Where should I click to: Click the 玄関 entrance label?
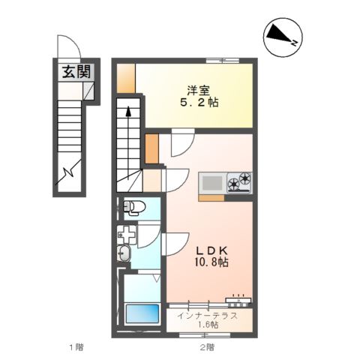point(76,72)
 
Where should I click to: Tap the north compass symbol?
point(283,37)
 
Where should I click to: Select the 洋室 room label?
point(199,91)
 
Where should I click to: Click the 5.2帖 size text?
point(199,103)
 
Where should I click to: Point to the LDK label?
point(211,250)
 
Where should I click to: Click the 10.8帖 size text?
point(211,262)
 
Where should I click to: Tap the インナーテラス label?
point(207,316)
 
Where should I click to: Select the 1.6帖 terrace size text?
point(208,325)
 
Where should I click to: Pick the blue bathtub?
point(142,313)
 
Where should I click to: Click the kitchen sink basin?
point(212,183)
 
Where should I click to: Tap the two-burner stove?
point(239,182)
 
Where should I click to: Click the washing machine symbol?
point(127,235)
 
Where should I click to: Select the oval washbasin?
point(124,253)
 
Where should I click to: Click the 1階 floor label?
point(76,347)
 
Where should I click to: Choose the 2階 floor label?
point(207,347)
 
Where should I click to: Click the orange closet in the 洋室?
point(126,79)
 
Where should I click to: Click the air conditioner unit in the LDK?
point(238,300)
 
